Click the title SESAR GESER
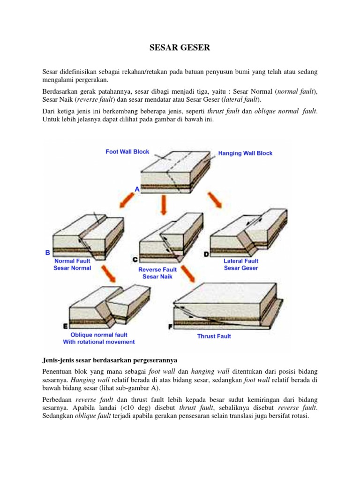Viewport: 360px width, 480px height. (x=180, y=47)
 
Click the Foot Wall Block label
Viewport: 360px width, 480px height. (x=127, y=151)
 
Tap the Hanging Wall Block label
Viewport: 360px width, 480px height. (x=245, y=153)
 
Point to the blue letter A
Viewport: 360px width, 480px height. (x=137, y=189)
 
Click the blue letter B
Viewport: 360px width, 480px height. (x=47, y=253)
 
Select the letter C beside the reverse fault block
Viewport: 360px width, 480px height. (x=135, y=259)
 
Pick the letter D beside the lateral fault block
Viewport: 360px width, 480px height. (x=206, y=255)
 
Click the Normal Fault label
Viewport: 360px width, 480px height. (x=73, y=261)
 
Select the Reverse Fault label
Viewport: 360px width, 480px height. (x=157, y=270)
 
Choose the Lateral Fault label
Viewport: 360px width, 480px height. (x=241, y=261)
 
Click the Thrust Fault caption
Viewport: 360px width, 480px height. (x=214, y=336)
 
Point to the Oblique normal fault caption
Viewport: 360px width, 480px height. (x=99, y=335)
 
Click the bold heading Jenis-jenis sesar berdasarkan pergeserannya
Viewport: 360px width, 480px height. (x=109, y=360)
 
